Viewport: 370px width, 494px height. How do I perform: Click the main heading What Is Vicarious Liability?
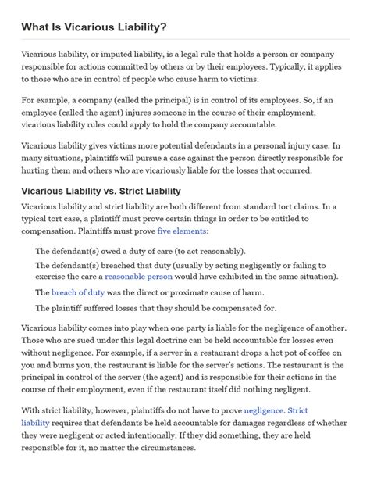pos(94,27)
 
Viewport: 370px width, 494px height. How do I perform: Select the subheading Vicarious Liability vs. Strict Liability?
pos(101,191)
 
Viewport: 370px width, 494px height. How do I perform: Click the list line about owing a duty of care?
pos(141,250)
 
